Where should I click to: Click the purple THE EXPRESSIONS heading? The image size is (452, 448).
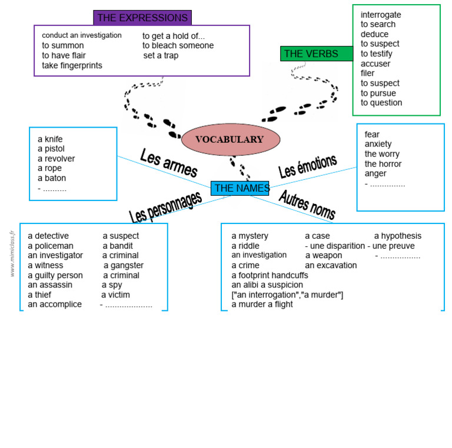(142, 18)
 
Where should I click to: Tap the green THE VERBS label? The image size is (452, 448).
(312, 54)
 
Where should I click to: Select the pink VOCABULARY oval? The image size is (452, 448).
(230, 139)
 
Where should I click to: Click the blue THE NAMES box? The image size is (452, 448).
(240, 188)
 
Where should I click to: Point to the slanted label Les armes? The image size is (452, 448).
(168, 162)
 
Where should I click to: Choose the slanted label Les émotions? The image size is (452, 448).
(307, 166)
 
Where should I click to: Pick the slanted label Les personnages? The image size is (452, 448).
(165, 207)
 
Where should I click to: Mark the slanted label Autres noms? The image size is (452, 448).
(307, 204)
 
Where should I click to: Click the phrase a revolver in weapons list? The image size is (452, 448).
(56, 159)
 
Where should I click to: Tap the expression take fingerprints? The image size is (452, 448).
(72, 65)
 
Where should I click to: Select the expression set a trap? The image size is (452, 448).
(161, 55)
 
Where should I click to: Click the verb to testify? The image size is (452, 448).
(377, 54)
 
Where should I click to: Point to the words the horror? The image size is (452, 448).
(383, 164)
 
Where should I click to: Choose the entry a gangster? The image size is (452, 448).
(124, 265)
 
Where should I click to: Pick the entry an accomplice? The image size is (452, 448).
(55, 305)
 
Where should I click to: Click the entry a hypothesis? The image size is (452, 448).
(398, 236)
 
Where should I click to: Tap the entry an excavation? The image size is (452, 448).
(331, 265)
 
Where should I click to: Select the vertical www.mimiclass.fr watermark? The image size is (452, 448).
(12, 253)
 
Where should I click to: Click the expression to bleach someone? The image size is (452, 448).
(178, 45)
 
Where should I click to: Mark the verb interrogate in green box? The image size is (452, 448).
(381, 15)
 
